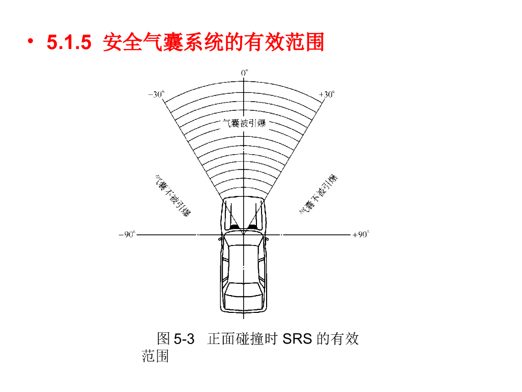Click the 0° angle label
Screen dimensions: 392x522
(x=245, y=73)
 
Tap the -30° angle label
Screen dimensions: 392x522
(x=156, y=94)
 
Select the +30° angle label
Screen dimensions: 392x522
(x=327, y=94)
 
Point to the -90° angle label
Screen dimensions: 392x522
(x=126, y=235)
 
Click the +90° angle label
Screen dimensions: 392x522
(x=360, y=235)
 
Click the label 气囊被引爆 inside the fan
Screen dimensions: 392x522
(x=245, y=123)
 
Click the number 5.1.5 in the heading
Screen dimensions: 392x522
(x=69, y=43)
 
